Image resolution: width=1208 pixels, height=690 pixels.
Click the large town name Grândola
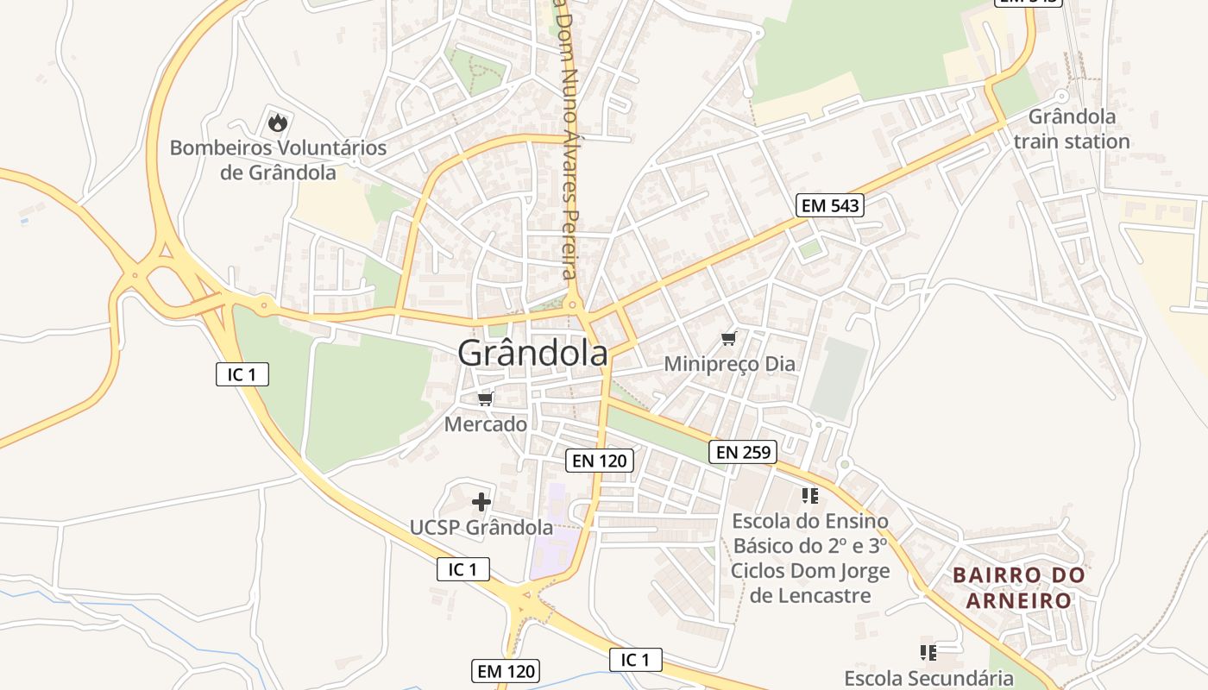(x=532, y=353)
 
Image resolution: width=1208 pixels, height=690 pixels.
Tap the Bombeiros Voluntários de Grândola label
(x=278, y=160)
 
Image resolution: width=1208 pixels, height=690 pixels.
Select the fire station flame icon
(x=277, y=122)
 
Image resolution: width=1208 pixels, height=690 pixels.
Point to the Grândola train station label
(x=1072, y=129)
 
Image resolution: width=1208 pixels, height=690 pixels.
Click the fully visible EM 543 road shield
(x=829, y=205)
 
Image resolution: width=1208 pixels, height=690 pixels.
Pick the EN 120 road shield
(x=600, y=461)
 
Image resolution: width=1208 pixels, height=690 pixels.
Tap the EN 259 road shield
(x=743, y=451)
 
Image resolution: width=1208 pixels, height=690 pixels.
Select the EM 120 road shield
(x=506, y=670)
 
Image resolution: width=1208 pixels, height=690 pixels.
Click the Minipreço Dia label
(x=729, y=364)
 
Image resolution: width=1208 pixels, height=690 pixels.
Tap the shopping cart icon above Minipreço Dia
(x=729, y=337)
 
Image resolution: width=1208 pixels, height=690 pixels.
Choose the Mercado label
(x=485, y=424)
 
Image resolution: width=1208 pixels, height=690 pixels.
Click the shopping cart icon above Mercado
(x=485, y=398)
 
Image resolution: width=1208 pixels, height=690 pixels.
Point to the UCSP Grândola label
(x=481, y=527)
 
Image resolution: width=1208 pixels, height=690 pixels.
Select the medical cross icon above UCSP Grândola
(x=481, y=501)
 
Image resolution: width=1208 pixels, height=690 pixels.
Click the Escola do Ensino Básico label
(x=810, y=558)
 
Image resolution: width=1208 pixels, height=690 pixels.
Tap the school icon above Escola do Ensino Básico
(x=809, y=495)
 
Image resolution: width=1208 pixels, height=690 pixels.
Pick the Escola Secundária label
(x=928, y=678)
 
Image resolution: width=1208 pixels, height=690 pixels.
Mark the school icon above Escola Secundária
(x=928, y=651)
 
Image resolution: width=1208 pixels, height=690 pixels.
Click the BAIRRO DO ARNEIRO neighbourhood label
(x=1018, y=587)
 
